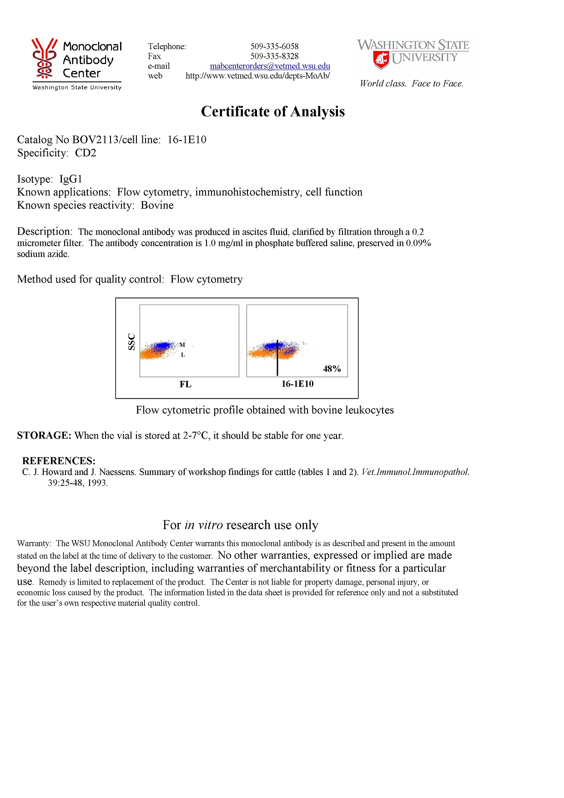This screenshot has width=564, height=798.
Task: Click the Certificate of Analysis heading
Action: pos(273,111)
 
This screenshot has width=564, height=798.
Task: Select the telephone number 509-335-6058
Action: pos(274,46)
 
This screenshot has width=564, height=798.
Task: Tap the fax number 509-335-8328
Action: pos(274,56)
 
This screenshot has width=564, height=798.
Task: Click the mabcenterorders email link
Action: pos(270,66)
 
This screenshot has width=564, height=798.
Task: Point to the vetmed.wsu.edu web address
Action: pos(257,76)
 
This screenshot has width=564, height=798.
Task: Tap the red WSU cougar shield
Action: pos(381,60)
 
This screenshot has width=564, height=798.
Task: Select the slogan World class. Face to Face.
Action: pos(411,84)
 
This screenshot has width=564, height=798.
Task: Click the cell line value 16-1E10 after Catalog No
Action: pos(186,140)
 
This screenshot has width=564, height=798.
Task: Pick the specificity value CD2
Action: pos(86,153)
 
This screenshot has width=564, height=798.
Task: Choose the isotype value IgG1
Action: pos(70,179)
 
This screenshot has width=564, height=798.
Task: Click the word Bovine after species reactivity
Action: pos(157,205)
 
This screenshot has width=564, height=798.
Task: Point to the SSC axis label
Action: pos(131,342)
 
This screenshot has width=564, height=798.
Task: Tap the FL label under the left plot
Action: pos(185,384)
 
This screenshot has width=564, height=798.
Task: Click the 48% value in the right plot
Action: pos(332,369)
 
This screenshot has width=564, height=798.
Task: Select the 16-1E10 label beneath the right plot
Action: pos(297,384)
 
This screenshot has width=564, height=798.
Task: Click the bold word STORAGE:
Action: pos(44,435)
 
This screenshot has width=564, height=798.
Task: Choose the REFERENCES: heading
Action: pos(59,461)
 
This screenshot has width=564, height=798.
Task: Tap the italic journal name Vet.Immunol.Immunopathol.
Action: pos(415,472)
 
